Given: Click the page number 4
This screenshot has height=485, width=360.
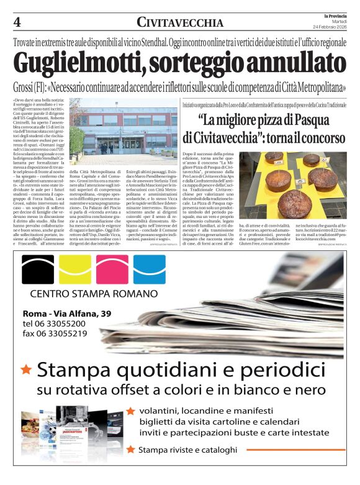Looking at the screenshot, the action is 17,22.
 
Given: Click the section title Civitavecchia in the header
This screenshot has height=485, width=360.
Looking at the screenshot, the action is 180,23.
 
